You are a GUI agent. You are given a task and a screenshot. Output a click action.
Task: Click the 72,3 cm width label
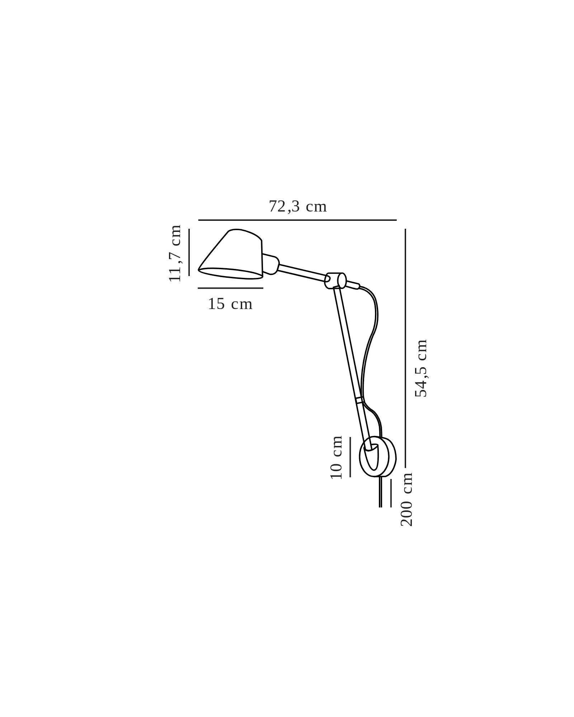(x=298, y=207)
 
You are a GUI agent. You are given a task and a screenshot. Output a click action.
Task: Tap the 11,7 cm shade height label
(x=175, y=253)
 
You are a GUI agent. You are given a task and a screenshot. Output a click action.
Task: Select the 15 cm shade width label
(x=230, y=304)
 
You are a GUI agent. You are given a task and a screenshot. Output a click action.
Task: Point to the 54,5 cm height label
(x=421, y=368)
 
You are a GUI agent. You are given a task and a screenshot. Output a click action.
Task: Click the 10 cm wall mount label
(x=336, y=457)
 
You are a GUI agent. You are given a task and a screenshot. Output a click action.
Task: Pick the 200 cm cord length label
(x=406, y=499)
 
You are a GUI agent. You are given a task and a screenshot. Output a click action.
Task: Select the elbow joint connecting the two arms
(x=335, y=280)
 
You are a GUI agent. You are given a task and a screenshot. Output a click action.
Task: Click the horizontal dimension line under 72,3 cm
(x=297, y=220)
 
